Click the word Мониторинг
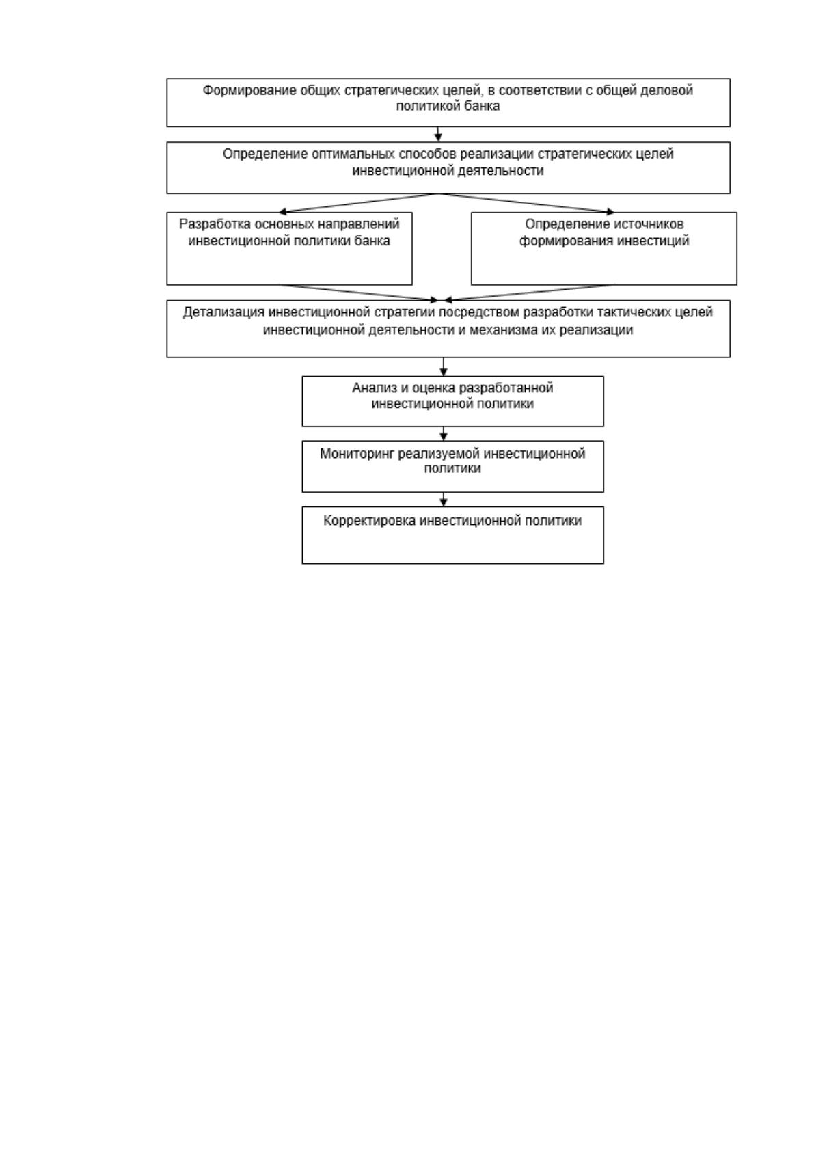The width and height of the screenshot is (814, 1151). [x=357, y=454]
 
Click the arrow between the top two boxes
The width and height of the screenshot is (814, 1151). [x=438, y=134]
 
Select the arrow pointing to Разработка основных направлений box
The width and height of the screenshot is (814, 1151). [x=358, y=203]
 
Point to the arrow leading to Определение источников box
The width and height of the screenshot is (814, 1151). [x=526, y=203]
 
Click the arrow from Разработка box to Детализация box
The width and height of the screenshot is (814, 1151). [x=359, y=293]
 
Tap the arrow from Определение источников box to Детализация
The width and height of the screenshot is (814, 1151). [x=529, y=293]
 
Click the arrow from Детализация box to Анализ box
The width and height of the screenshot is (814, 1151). [x=444, y=367]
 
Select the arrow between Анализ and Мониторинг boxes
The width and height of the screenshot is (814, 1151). [x=444, y=434]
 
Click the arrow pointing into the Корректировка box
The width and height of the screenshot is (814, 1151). [x=444, y=500]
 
